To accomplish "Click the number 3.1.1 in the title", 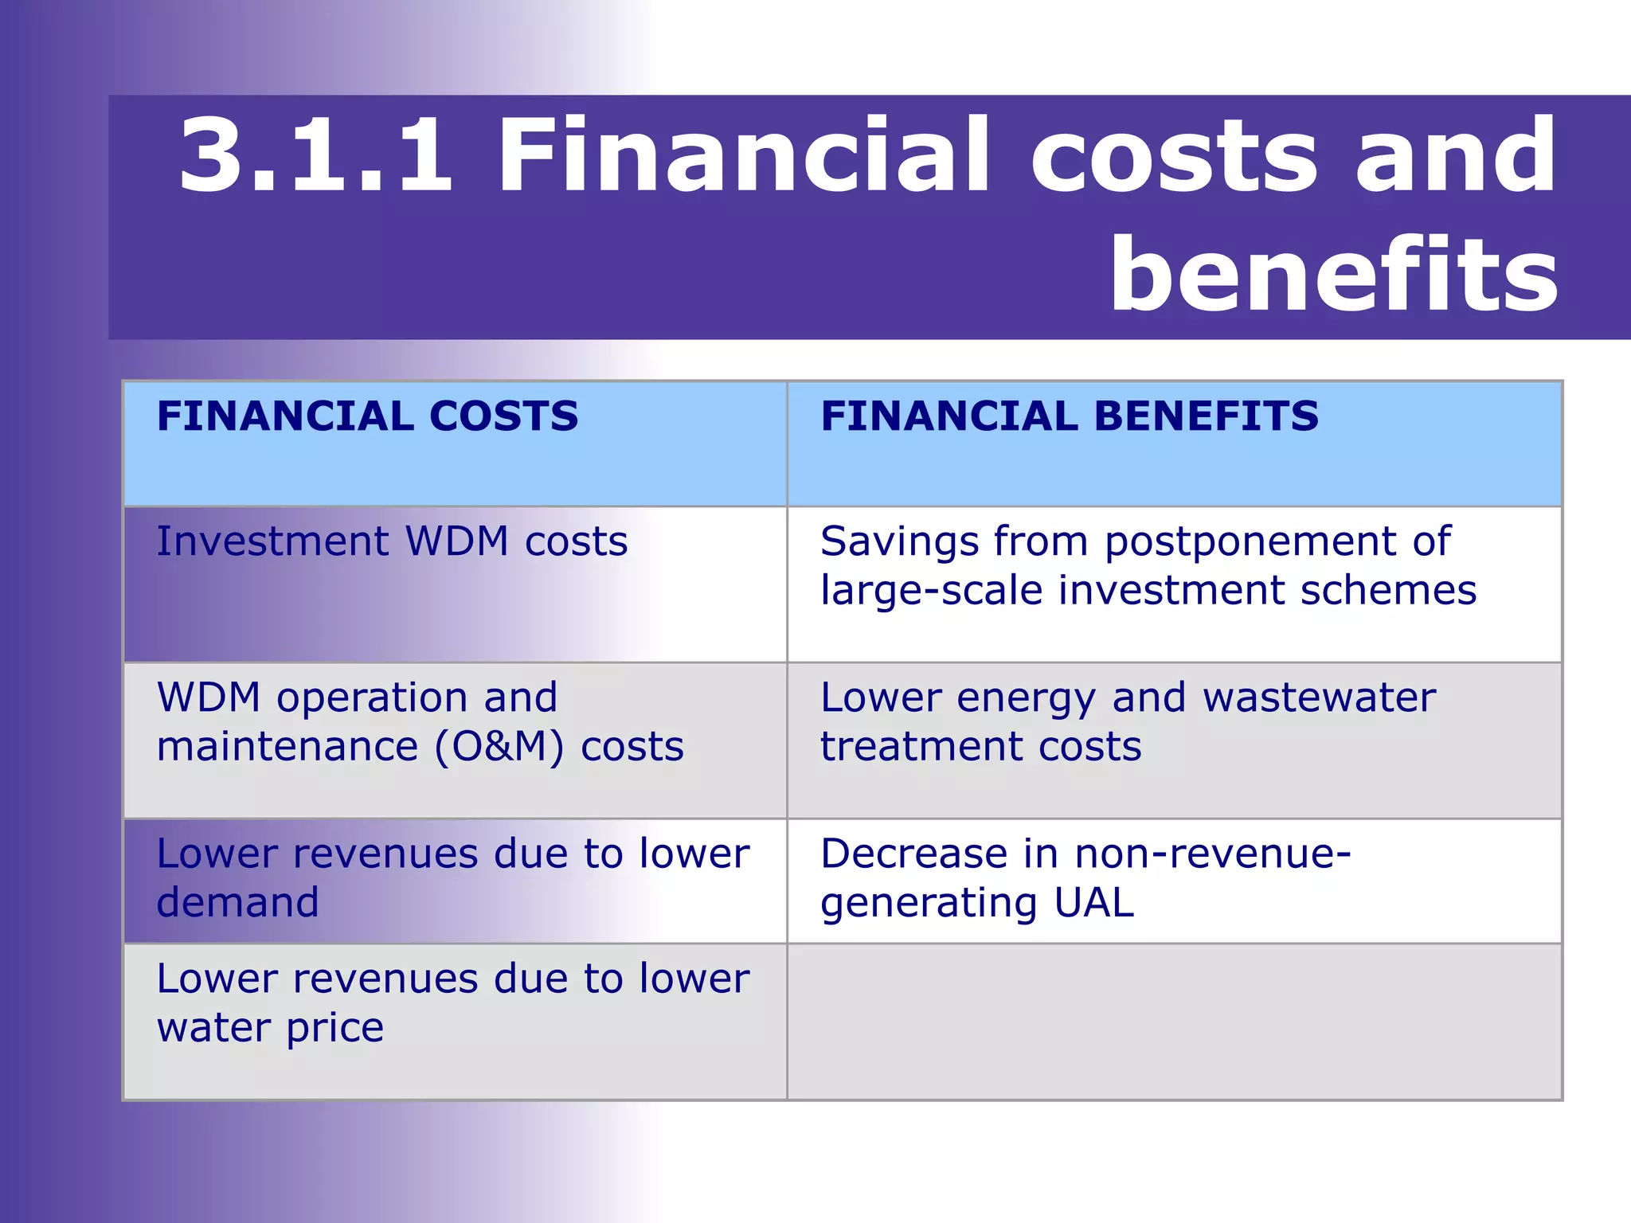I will pyautogui.click(x=315, y=155).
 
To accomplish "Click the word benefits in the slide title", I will pyautogui.click(x=1334, y=275).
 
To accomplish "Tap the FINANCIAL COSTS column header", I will pyautogui.click(x=367, y=416).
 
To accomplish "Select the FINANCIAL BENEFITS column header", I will pyautogui.click(x=1069, y=416).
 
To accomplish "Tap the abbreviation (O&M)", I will pyautogui.click(x=499, y=748).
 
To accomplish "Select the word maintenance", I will pyautogui.click(x=287, y=748).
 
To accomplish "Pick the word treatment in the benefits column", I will pyautogui.click(x=922, y=748).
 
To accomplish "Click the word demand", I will pyautogui.click(x=237, y=903).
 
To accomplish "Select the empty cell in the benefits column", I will pyautogui.click(x=1174, y=1022).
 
